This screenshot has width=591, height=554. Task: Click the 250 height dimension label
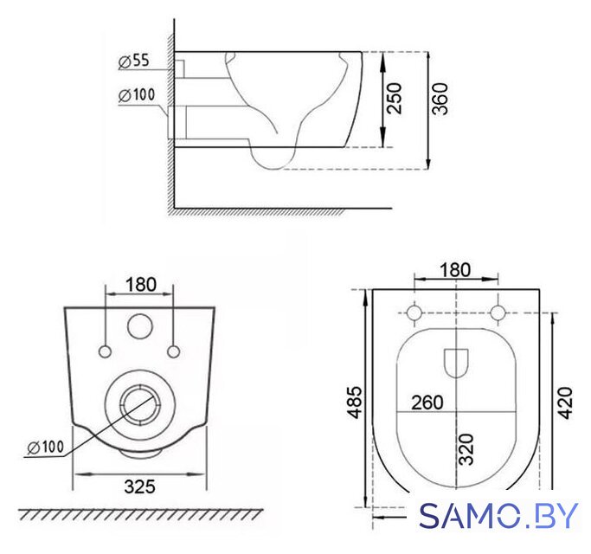(395, 99)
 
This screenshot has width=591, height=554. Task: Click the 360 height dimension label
(440, 99)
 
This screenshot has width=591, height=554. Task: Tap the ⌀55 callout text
(134, 61)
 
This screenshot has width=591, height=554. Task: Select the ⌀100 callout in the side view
(137, 95)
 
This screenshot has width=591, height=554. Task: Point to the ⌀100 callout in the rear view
(46, 448)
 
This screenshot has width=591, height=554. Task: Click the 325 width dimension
(139, 486)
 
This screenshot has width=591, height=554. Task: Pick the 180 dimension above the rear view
(140, 285)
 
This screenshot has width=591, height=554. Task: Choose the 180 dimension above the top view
(455, 270)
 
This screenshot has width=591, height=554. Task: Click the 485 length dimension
(355, 403)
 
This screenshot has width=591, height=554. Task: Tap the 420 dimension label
(565, 403)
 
